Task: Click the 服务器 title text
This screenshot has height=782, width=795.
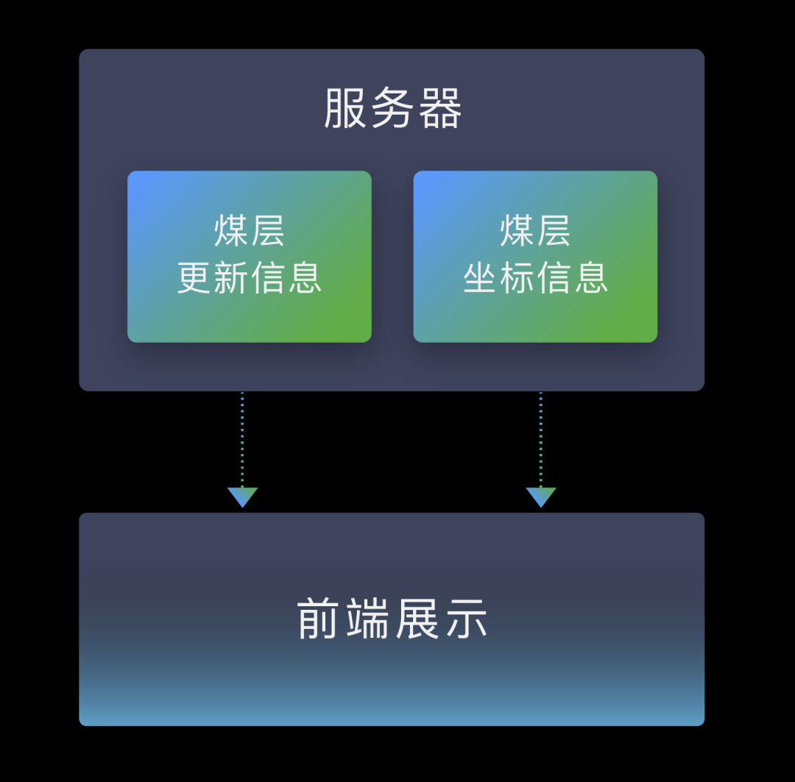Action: point(393,109)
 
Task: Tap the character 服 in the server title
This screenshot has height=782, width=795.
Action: point(345,109)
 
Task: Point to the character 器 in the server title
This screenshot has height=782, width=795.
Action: point(440,109)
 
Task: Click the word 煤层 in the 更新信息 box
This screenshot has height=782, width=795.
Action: point(250,231)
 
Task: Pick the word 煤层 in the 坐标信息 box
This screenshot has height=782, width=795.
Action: point(535,231)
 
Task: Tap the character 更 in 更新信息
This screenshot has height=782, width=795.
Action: point(195,278)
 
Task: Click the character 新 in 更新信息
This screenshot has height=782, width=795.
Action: point(231,278)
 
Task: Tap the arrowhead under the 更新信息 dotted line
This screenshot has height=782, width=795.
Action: point(242,497)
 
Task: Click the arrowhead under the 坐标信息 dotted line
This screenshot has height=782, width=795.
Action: point(541,497)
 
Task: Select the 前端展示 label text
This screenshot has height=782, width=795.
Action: point(392,619)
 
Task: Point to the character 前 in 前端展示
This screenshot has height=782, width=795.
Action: point(319,619)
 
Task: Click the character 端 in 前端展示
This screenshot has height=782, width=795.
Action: point(368,619)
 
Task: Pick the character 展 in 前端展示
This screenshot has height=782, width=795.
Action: point(417,619)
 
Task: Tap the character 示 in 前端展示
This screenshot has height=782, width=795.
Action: point(464,619)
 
